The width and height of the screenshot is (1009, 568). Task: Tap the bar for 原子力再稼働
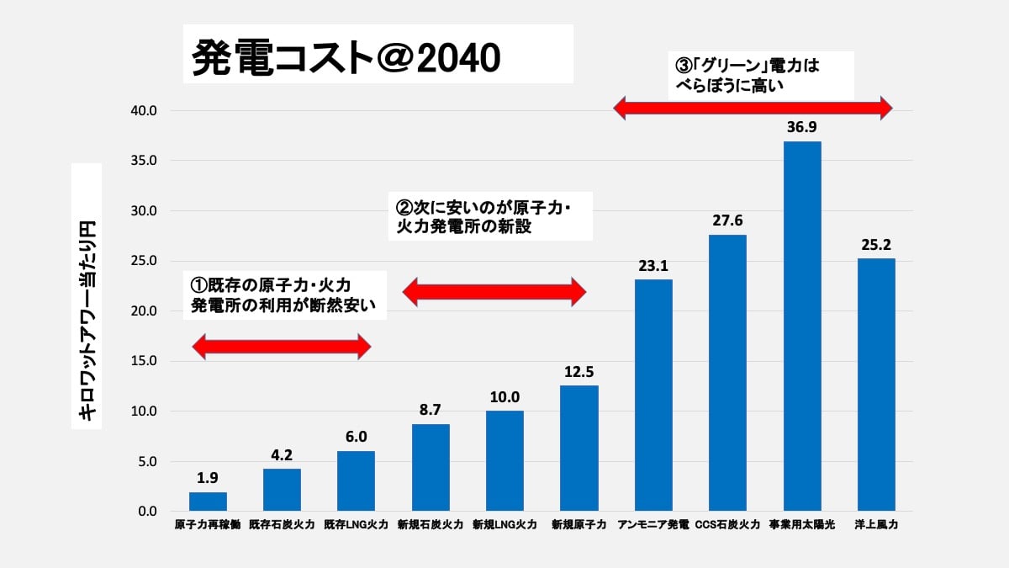(208, 502)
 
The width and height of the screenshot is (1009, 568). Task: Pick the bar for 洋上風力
(876, 385)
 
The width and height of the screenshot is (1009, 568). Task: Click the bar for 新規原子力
(579, 449)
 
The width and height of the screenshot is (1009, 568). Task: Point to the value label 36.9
(801, 127)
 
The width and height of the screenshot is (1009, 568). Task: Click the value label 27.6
(727, 220)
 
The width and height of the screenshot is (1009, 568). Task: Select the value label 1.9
(208, 478)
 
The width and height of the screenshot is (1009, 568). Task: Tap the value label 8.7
(431, 410)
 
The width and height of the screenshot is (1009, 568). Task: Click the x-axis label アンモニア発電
(653, 525)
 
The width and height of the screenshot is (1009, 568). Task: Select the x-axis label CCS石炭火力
(727, 525)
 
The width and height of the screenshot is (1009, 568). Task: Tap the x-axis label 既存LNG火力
(357, 525)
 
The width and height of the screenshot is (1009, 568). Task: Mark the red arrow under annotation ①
(282, 345)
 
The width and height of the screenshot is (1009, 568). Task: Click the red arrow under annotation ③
(752, 107)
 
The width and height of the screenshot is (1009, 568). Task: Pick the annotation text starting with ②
(488, 216)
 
